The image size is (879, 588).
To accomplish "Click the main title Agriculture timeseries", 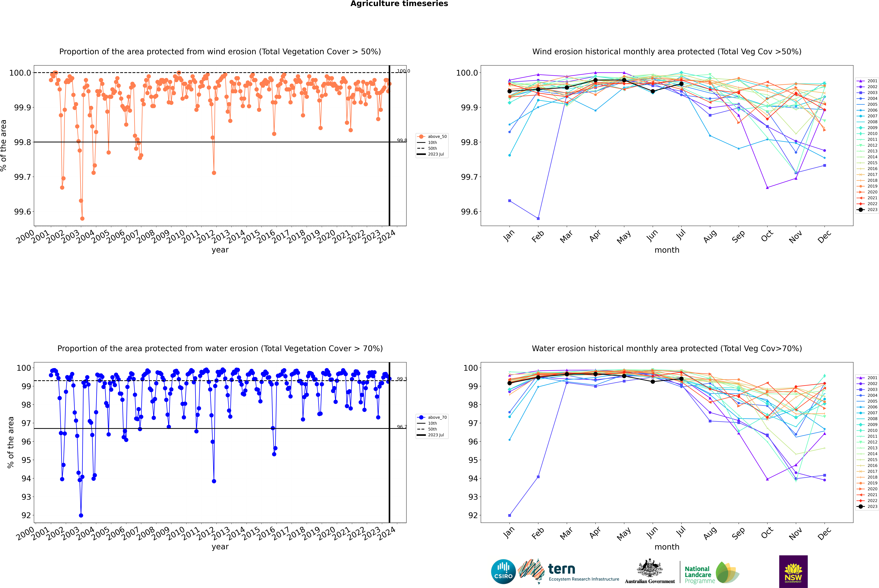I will click(x=399, y=4).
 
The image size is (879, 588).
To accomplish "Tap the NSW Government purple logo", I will click(x=793, y=572).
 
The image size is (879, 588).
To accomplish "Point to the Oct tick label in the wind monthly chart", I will click(x=767, y=236).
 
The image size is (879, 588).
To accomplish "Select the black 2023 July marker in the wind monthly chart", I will click(x=681, y=84).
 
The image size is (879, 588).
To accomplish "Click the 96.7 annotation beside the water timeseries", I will click(x=402, y=427).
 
